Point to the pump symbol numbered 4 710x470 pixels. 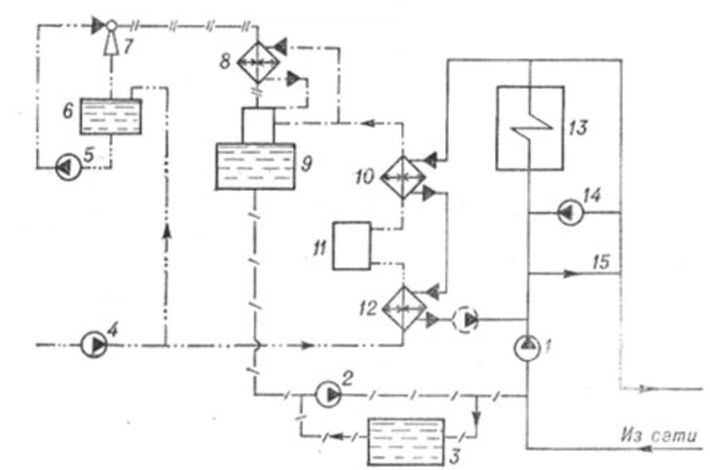(x=94, y=344)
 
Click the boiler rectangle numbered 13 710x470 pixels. (x=529, y=127)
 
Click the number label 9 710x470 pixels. (x=306, y=162)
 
